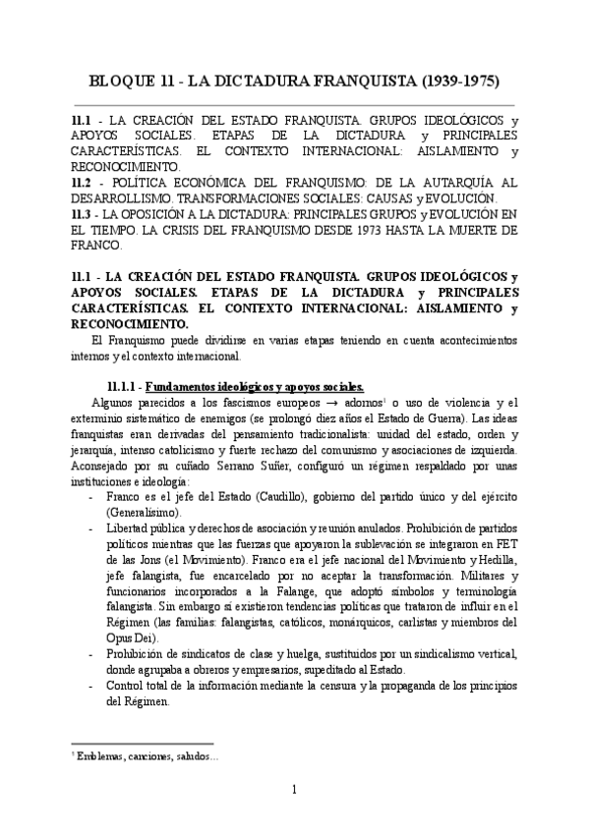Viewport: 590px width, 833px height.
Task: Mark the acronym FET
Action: [505, 544]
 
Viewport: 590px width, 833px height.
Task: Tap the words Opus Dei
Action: [123, 639]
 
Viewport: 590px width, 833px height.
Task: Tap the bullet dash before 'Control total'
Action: [91, 687]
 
